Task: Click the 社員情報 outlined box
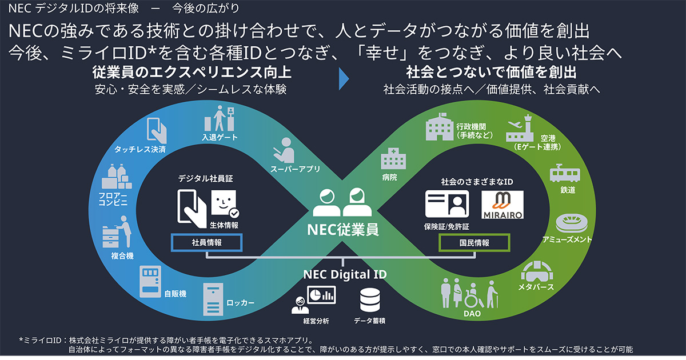pyautogui.click(x=206, y=242)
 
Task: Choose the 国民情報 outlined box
pyautogui.click(x=474, y=242)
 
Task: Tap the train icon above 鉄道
pyautogui.click(x=565, y=174)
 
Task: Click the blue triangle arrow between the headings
pyautogui.click(x=344, y=79)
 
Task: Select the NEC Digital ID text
pyautogui.click(x=345, y=275)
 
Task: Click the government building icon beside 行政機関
pyautogui.click(x=440, y=127)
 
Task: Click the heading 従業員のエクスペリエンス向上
pyautogui.click(x=192, y=73)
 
